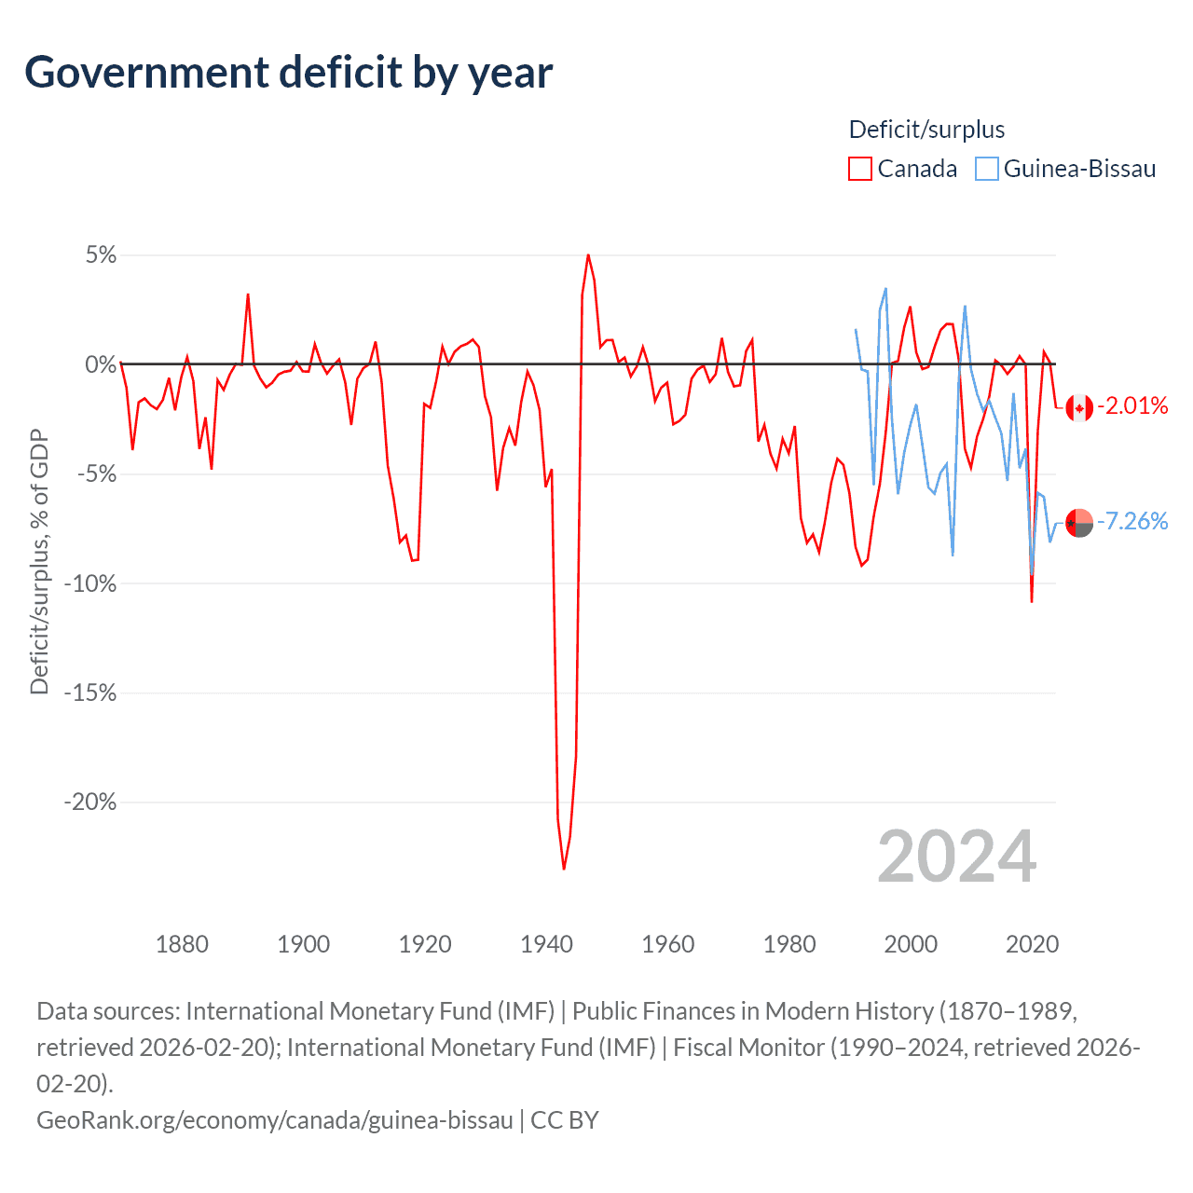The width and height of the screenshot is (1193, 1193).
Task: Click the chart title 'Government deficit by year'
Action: (289, 73)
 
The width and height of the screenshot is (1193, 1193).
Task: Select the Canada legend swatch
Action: (859, 169)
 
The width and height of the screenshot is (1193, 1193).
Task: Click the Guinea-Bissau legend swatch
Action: (986, 169)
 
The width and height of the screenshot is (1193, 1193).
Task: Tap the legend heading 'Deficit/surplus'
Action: (926, 130)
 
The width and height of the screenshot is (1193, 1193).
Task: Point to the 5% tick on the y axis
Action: (101, 255)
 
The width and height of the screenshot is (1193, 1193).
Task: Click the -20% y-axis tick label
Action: (90, 802)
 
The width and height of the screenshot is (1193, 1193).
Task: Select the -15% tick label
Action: (90, 692)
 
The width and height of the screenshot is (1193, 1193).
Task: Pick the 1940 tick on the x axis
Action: (546, 944)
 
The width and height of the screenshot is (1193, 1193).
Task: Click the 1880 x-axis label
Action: (182, 944)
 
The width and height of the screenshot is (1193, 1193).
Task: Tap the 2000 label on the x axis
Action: (911, 944)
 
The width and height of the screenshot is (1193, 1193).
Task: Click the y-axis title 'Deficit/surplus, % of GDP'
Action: (39, 562)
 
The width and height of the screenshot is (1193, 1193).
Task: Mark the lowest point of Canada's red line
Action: (564, 869)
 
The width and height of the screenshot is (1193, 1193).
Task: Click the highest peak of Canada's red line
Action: (588, 254)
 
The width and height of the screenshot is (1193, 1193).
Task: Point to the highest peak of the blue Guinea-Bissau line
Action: (885, 289)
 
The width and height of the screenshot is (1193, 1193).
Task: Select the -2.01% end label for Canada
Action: (1132, 405)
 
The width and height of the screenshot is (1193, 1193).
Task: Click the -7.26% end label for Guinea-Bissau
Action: (1132, 521)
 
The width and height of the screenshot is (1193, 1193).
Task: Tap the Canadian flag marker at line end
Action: (1079, 407)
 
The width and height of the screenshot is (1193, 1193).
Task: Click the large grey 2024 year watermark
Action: (956, 857)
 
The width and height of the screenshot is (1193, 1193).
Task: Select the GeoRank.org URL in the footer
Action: (275, 1119)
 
